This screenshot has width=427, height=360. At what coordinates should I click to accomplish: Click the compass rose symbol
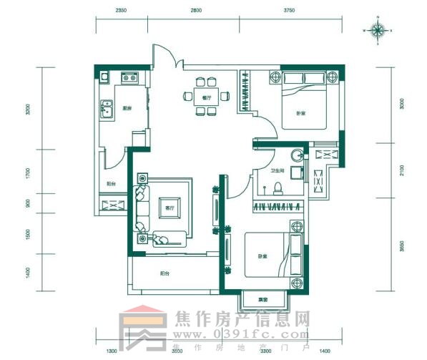coord(379,30)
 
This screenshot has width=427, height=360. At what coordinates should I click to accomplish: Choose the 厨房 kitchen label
coord(127,108)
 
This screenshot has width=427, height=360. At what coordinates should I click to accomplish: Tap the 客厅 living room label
coord(170,208)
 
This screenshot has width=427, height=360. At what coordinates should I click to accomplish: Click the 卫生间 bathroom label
coord(278,172)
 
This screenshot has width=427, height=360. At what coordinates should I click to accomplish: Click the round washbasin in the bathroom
coord(295,155)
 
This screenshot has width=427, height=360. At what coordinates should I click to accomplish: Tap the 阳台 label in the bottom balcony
coord(165,273)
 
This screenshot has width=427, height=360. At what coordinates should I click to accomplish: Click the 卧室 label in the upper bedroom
coord(301,114)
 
